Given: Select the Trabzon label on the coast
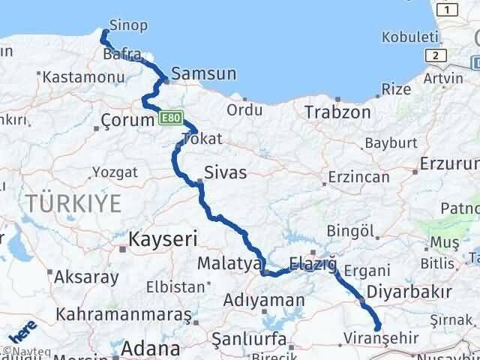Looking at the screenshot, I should coord(337,112).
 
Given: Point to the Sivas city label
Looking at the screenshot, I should coord(225,172).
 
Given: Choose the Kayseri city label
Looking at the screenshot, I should coord(162,239).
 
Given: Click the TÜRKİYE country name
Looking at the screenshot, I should coord(73,202).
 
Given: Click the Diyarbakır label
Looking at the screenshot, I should coord(409,292).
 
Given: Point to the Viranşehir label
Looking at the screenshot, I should coord(379,337).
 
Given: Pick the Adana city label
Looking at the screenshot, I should coord(154,349).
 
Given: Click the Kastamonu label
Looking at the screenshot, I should coord(77,76).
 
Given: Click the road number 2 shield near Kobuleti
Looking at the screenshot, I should coord(433,55).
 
